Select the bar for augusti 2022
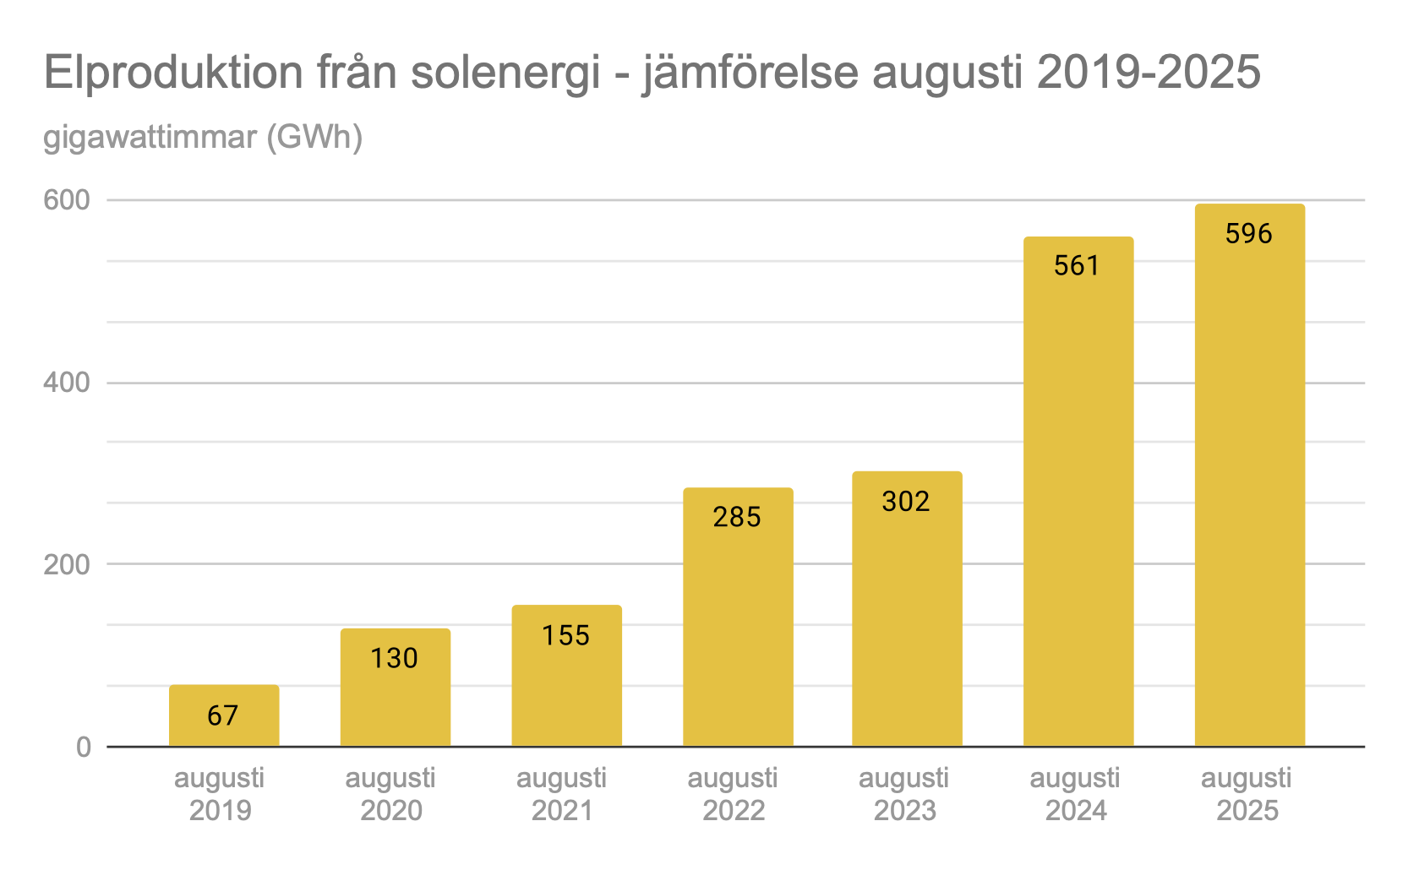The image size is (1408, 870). [x=738, y=617]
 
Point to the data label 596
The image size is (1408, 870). [x=1248, y=233]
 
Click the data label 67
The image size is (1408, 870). [x=223, y=716]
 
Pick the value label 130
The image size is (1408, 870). [x=394, y=658]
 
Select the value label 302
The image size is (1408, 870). [x=906, y=502]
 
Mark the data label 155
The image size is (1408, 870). [x=565, y=635]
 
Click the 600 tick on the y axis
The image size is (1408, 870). [x=67, y=200]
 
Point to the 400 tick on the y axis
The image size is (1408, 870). [x=67, y=383]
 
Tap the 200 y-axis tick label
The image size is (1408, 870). [x=67, y=564]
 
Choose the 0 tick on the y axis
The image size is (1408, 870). [x=83, y=747]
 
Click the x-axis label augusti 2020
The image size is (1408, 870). [x=390, y=794]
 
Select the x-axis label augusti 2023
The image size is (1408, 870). [x=904, y=794]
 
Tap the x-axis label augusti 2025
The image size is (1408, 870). [x=1247, y=794]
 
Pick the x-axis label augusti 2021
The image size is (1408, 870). [x=562, y=794]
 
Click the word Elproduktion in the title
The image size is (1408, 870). [x=173, y=73]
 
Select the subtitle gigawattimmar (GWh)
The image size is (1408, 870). [x=203, y=137]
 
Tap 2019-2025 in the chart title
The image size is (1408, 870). [x=1149, y=73]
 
